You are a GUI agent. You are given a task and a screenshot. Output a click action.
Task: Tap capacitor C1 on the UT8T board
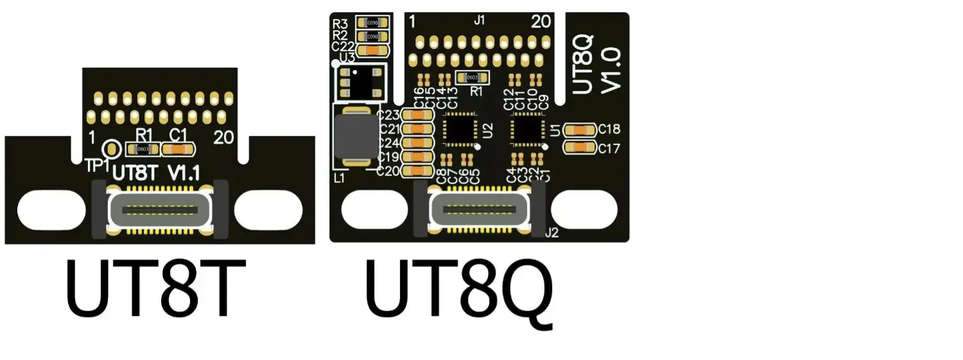[178, 149]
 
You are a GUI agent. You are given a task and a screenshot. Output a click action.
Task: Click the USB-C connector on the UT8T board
[160, 210]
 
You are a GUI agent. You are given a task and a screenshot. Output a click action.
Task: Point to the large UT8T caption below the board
[156, 289]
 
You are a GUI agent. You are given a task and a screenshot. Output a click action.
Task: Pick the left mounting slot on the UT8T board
[51, 210]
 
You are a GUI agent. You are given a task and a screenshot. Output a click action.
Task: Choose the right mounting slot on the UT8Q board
[584, 210]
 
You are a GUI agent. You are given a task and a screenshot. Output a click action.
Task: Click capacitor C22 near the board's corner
[372, 49]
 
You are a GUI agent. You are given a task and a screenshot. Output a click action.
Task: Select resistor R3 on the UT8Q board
[372, 22]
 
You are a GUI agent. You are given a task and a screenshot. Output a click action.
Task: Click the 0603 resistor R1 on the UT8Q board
[473, 78]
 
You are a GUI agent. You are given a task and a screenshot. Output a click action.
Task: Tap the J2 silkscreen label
[551, 234]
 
